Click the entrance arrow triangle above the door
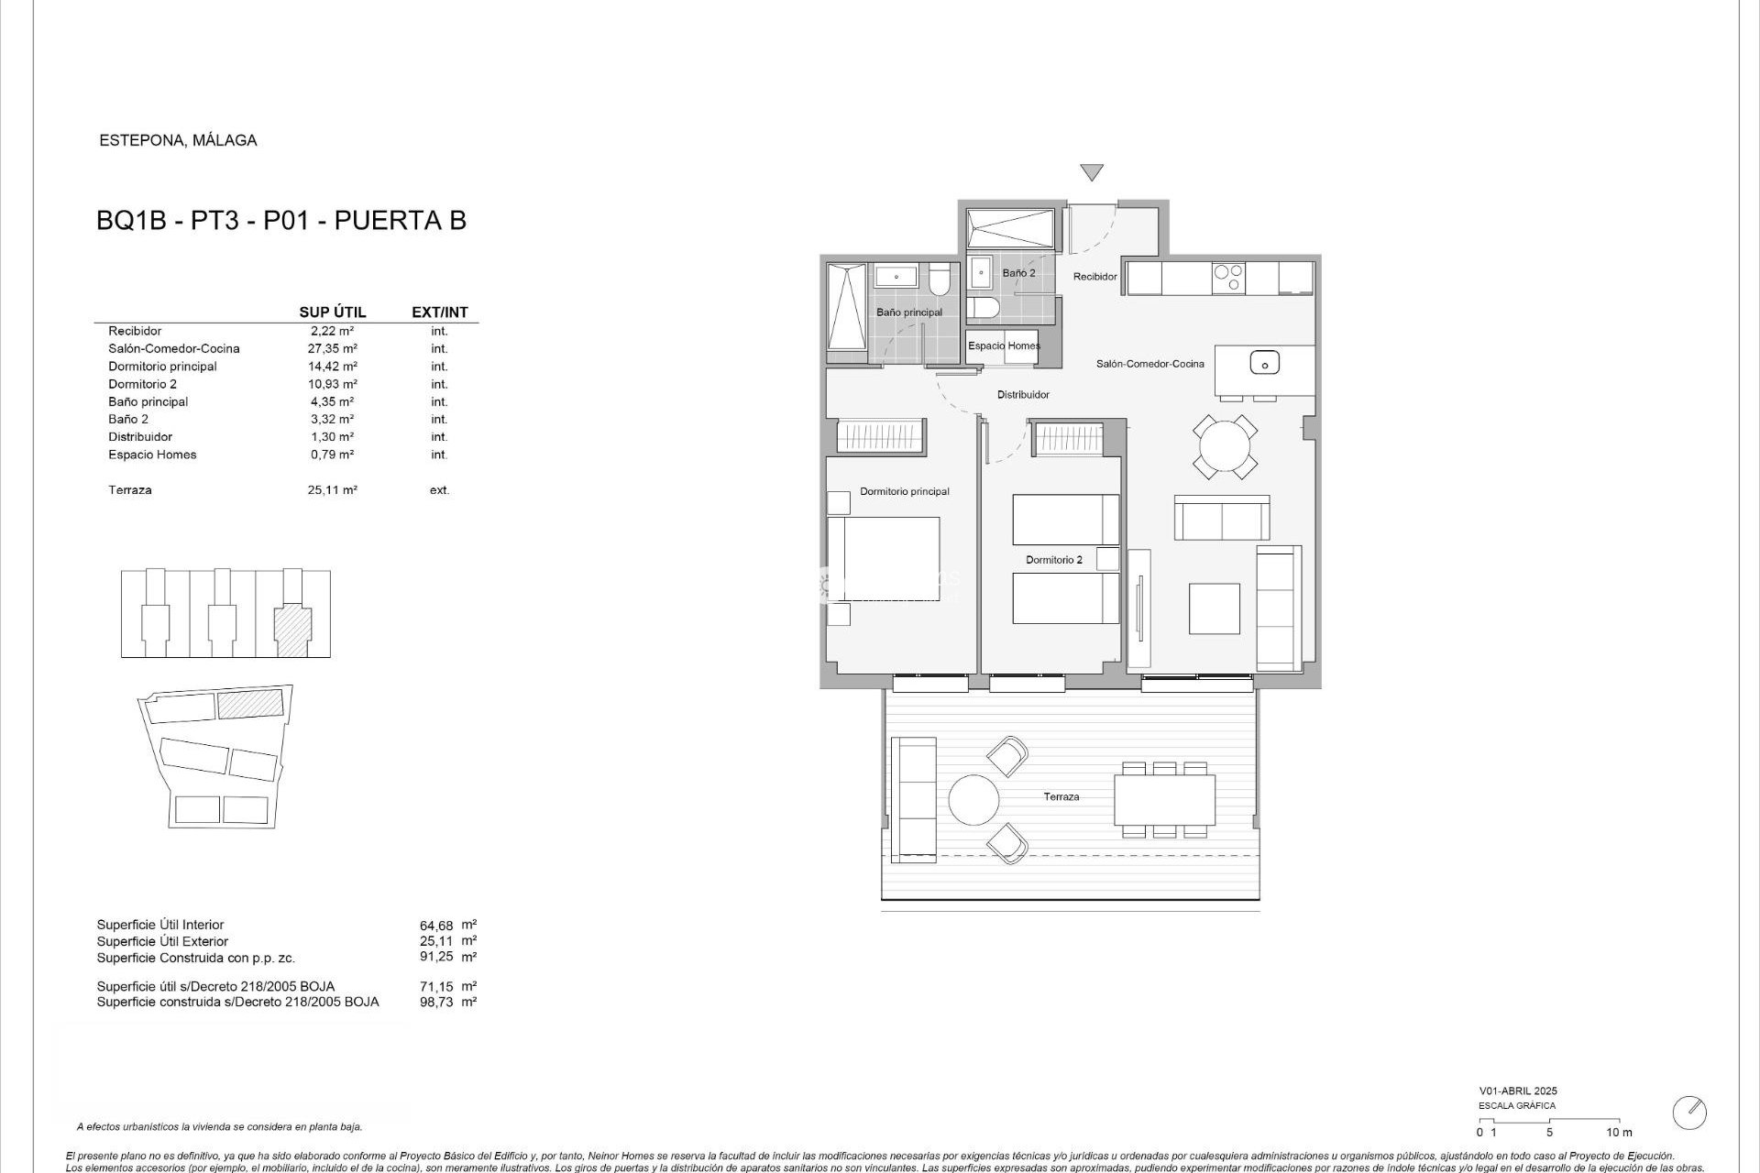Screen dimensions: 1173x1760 tap(1091, 171)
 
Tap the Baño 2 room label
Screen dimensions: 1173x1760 tap(1018, 273)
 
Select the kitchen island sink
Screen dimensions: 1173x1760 tap(1264, 364)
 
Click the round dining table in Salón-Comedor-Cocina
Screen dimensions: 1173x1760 tap(1225, 447)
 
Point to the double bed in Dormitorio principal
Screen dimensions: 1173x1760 tap(884, 559)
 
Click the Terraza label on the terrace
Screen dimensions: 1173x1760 tap(1061, 797)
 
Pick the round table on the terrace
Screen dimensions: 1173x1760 tap(973, 800)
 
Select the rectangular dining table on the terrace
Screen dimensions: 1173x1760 tap(1164, 800)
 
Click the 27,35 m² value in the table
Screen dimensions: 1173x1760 tap(332, 348)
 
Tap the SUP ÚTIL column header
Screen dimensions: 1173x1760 tap(332, 312)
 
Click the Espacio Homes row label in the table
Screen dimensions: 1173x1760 tap(152, 455)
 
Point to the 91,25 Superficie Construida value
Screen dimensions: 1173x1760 tap(436, 957)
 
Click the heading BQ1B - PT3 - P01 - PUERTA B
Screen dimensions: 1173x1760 tap(281, 221)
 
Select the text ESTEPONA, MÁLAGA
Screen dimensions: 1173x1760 tap(178, 140)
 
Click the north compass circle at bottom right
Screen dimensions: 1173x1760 tap(1689, 1113)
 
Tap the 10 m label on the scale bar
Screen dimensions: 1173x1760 tap(1619, 1133)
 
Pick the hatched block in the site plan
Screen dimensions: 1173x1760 tap(250, 704)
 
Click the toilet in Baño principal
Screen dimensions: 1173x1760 tap(940, 279)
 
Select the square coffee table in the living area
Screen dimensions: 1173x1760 tap(1214, 608)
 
